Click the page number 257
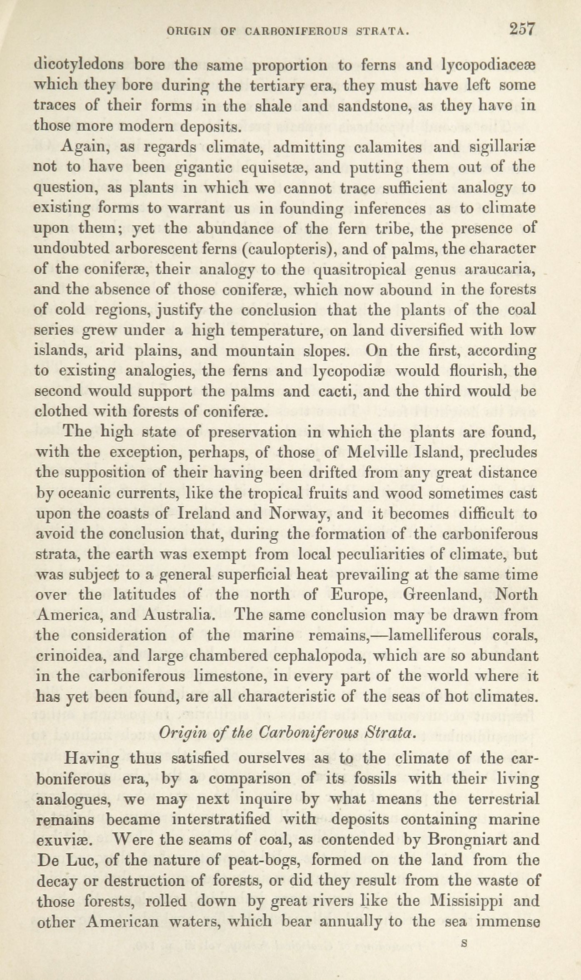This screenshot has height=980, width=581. pyautogui.click(x=521, y=30)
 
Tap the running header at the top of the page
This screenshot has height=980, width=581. pyautogui.click(x=287, y=31)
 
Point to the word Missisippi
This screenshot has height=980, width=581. pyautogui.click(x=465, y=900)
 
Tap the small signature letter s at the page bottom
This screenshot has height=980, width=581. pyautogui.click(x=464, y=940)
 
